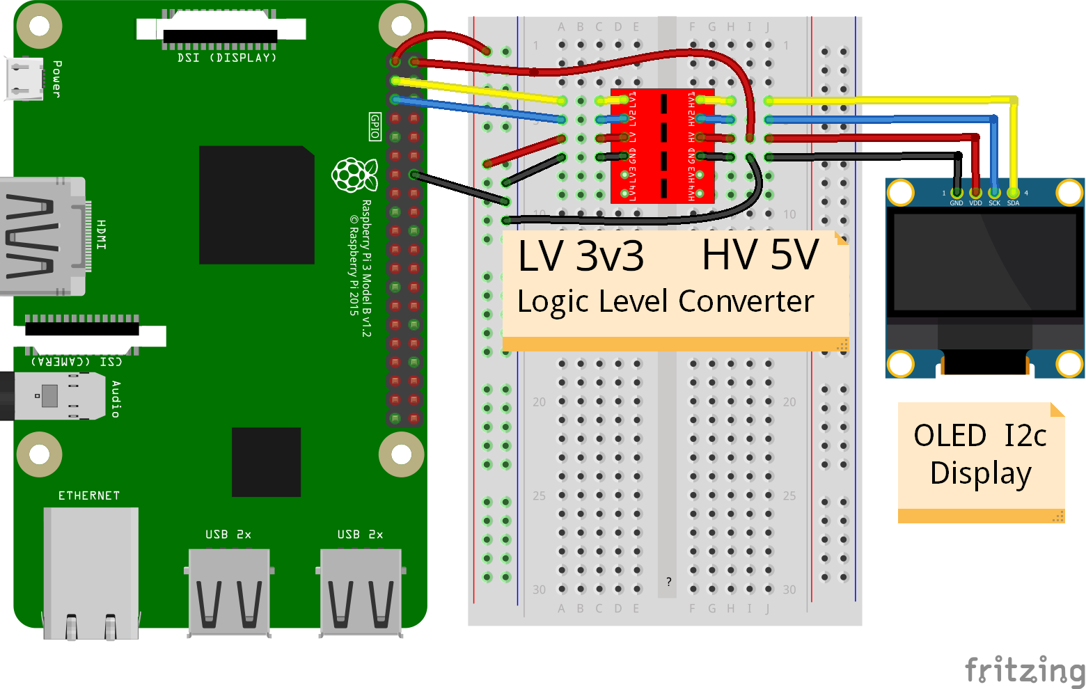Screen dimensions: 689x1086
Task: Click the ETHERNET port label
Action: tap(89, 496)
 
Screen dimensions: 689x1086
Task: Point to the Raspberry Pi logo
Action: tap(354, 175)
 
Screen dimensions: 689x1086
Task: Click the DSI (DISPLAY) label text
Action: tap(227, 58)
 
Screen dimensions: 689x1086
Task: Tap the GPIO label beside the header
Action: tap(375, 127)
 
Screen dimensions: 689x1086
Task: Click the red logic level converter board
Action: tap(662, 146)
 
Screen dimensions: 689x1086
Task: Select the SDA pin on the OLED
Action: tap(1013, 193)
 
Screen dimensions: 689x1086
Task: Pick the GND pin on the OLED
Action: tap(957, 193)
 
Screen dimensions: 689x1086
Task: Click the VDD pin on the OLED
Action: tap(975, 193)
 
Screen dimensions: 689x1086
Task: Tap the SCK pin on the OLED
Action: tap(994, 193)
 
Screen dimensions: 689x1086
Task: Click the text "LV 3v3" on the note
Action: tap(581, 256)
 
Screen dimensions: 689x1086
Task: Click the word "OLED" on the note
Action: tap(950, 436)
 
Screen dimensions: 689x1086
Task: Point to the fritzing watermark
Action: tap(1025, 670)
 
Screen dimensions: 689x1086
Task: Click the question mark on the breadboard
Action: tap(668, 582)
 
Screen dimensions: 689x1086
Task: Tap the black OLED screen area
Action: tap(984, 262)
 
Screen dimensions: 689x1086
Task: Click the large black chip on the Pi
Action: tap(256, 205)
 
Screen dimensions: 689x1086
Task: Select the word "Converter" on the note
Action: tap(746, 301)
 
